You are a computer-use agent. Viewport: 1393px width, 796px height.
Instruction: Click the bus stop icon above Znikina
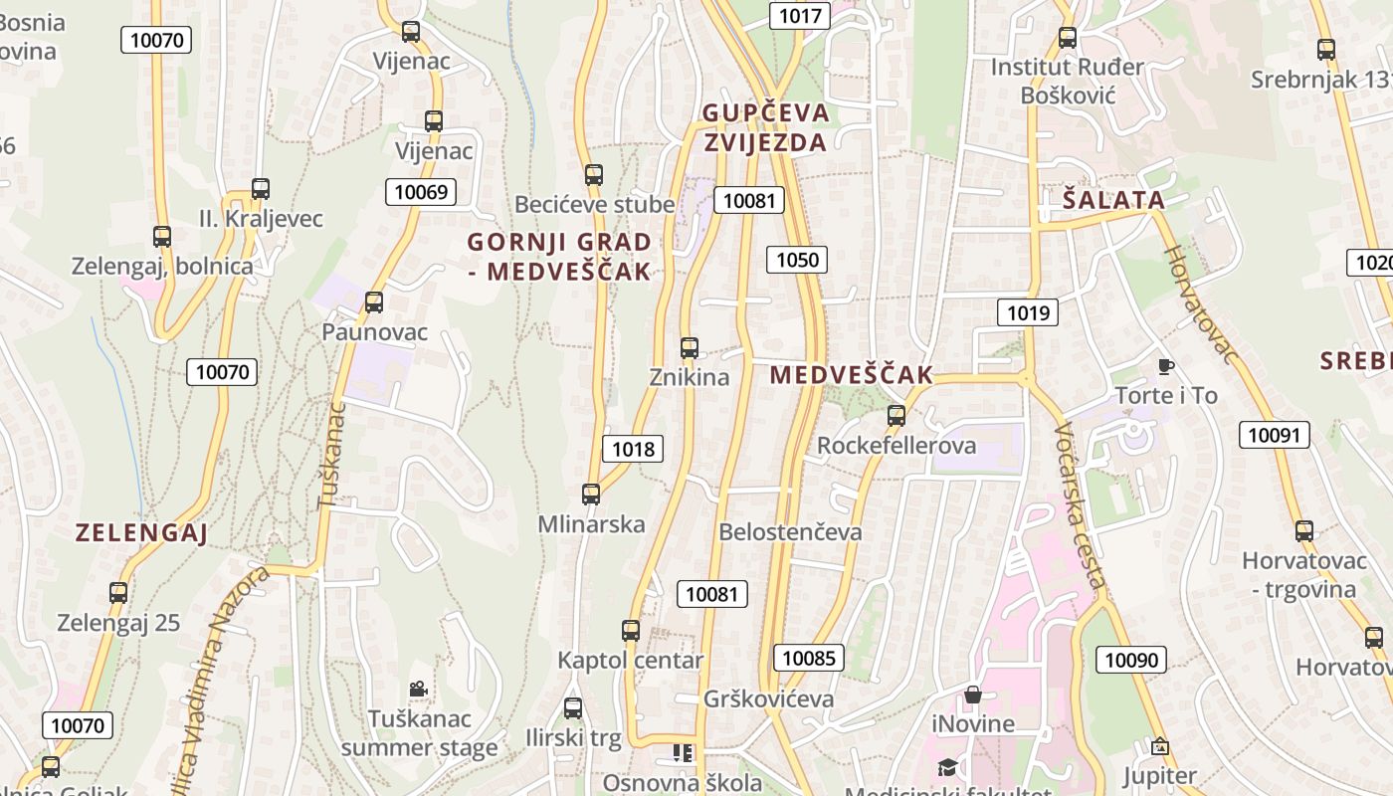coord(689,348)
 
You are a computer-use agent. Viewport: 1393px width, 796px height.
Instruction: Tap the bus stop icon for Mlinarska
coord(591,495)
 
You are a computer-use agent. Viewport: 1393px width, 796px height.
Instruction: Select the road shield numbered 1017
coord(800,15)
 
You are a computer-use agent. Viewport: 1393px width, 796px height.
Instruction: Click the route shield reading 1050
coord(797,261)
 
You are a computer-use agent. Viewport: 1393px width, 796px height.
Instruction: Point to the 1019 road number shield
coord(1028,313)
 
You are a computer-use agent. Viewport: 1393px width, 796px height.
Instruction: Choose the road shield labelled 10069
coord(421,192)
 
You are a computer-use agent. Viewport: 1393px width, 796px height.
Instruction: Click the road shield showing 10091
coord(1274,435)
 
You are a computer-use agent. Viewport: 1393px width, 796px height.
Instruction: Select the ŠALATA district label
coord(1113,200)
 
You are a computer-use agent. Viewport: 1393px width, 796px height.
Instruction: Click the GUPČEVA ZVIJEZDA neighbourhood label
coord(765,127)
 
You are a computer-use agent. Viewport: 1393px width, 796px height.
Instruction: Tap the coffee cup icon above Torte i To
coord(1166,366)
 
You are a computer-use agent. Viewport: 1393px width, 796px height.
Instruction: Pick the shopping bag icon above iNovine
coord(973,694)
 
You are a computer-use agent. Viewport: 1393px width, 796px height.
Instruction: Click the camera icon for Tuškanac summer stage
coord(418,689)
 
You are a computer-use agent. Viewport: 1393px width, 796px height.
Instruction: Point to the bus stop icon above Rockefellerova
coord(896,416)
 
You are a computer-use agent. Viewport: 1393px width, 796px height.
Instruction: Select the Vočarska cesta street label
coord(1080,507)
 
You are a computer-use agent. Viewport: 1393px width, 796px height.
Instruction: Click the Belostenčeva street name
coord(790,531)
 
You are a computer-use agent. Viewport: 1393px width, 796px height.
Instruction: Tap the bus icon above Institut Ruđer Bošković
coord(1068,39)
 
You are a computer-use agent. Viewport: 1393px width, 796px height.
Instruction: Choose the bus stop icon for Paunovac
coord(374,302)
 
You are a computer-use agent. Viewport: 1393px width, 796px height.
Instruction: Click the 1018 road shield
coord(633,449)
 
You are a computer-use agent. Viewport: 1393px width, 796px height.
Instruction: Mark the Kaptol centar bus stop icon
coord(631,631)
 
